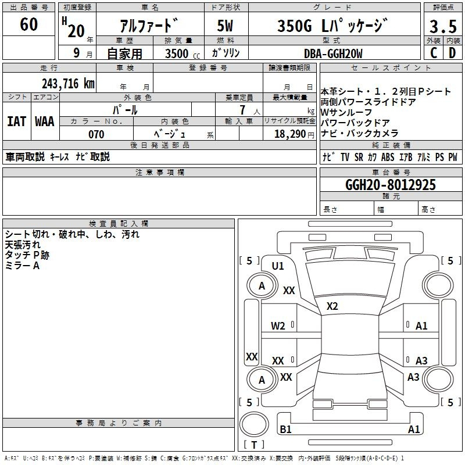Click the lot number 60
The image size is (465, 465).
coord(28,24)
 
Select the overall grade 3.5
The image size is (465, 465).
coord(443,26)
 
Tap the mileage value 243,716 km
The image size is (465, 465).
coord(68,83)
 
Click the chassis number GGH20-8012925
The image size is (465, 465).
coord(391,184)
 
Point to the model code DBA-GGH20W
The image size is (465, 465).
coord(333,53)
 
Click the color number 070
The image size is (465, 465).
coord(96,134)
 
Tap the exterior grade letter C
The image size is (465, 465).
coord(434,53)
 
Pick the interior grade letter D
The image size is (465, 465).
coord(452,53)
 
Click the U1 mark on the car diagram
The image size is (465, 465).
coord(278,266)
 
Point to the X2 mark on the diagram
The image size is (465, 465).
coord(332,306)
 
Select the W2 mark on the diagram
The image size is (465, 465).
coord(278,326)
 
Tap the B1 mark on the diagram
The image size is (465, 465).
coord(285,429)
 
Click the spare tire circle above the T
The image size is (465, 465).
coord(254,424)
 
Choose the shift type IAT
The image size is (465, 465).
coord(17,121)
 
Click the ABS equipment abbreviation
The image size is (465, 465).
coord(388,157)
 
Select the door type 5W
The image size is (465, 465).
coord(225,26)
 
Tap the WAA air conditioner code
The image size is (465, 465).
coord(45,121)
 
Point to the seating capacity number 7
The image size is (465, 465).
coord(242,110)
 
